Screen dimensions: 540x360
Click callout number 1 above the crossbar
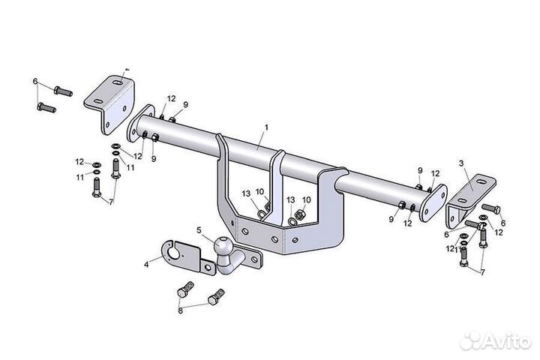[266, 127]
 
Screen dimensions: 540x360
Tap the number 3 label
[461, 163]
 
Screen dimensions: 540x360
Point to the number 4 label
[146, 265]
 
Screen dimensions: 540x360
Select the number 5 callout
[199, 230]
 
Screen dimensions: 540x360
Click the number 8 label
[180, 310]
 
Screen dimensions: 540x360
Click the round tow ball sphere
[222, 246]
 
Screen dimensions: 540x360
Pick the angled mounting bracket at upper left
[109, 103]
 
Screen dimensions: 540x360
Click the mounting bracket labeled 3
[470, 202]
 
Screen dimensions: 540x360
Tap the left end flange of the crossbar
[140, 123]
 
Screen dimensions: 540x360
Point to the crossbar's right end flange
[433, 203]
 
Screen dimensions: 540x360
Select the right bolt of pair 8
[216, 297]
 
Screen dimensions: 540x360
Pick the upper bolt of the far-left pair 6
[63, 91]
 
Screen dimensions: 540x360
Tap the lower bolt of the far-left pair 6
[46, 107]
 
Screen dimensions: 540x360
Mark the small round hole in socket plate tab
[208, 268]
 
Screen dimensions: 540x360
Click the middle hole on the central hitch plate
[274, 238]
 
